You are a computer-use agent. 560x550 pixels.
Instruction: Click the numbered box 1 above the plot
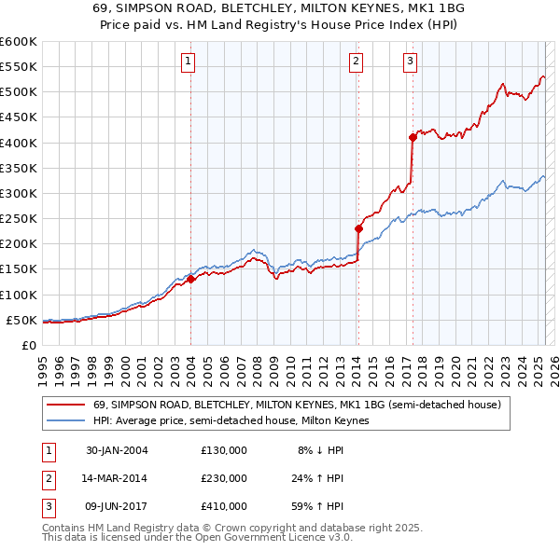point(189,62)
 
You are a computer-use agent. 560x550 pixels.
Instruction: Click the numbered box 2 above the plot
point(357,62)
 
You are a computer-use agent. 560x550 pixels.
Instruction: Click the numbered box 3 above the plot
point(411,62)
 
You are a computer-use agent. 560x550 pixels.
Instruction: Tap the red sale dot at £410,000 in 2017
point(412,137)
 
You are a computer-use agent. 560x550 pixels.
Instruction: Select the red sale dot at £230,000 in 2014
point(357,228)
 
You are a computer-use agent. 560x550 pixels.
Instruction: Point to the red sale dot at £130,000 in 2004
point(190,279)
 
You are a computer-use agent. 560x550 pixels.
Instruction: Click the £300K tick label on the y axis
point(19,193)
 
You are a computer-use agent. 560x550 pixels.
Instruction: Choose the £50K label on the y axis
point(22,320)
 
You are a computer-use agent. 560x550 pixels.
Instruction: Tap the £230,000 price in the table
point(224,478)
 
